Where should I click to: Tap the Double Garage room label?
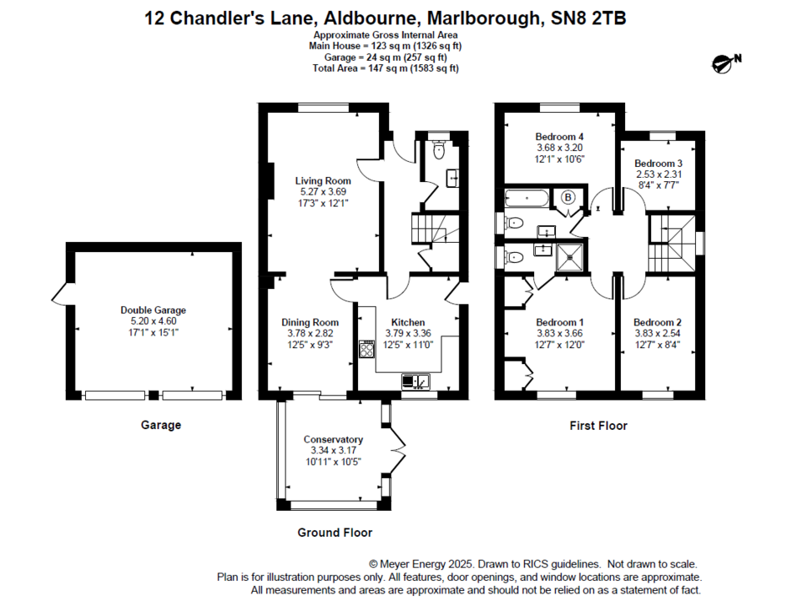(153, 310)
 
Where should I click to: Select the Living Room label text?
(323, 180)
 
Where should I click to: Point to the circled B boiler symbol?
(569, 198)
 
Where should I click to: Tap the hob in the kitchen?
(366, 349)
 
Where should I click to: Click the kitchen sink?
(415, 381)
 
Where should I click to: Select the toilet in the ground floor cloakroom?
(440, 150)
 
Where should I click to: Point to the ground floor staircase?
(428, 229)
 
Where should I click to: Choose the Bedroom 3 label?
(658, 164)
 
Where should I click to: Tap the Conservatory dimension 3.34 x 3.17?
(333, 452)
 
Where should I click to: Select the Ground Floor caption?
(335, 533)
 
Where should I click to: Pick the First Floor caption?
(598, 426)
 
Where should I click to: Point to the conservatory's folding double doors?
(399, 452)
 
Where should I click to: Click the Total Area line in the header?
(386, 68)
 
